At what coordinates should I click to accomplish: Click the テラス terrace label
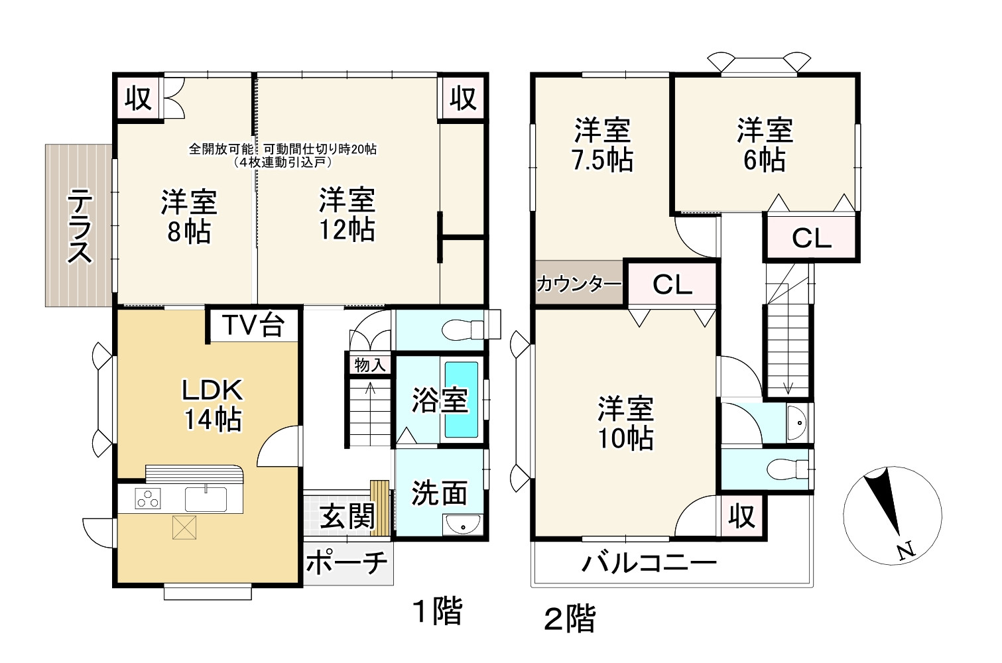pyautogui.click(x=80, y=225)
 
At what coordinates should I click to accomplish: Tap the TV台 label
pyautogui.click(x=253, y=325)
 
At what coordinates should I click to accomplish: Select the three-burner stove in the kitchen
pyautogui.click(x=149, y=498)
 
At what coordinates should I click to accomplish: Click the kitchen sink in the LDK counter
pyautogui.click(x=206, y=497)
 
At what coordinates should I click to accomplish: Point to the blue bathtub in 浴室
pyautogui.click(x=461, y=400)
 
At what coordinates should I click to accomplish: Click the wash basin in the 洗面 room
pyautogui.click(x=462, y=524)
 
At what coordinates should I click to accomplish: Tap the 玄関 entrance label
pyautogui.click(x=347, y=516)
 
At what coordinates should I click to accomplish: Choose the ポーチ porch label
pyautogui.click(x=347, y=563)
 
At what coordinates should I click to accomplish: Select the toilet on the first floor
pyautogui.click(x=464, y=329)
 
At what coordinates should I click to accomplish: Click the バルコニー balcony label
pyautogui.click(x=649, y=564)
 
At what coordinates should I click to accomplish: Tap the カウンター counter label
pyautogui.click(x=578, y=284)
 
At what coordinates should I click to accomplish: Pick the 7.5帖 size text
pyautogui.click(x=603, y=160)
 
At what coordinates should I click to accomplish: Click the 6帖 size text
pyautogui.click(x=765, y=160)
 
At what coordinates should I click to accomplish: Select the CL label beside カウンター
pyautogui.click(x=672, y=284)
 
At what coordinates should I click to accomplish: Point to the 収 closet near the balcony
pyautogui.click(x=741, y=515)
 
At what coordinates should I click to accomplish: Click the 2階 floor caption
pyautogui.click(x=570, y=619)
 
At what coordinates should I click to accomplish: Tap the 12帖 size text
pyautogui.click(x=347, y=229)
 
